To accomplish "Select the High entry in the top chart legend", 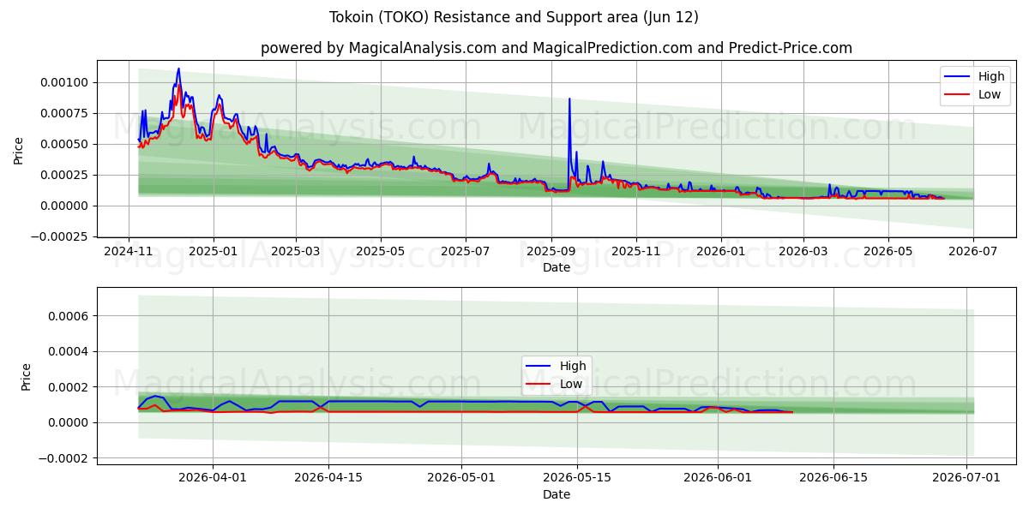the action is [x=974, y=76].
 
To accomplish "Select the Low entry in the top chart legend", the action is [x=972, y=94].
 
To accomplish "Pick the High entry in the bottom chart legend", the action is [x=556, y=366].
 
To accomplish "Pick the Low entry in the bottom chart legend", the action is [x=554, y=384].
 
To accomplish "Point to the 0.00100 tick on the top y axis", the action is [x=63, y=82].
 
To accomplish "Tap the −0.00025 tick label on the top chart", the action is [x=59, y=236].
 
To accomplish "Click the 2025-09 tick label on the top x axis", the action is [x=551, y=252].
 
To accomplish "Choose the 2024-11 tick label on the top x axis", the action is [x=128, y=252].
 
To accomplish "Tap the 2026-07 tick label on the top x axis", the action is [x=973, y=252].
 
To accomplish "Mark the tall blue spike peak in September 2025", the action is [x=569, y=99].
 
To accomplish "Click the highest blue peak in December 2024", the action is [x=178, y=69].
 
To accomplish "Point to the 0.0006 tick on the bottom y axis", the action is [x=68, y=316].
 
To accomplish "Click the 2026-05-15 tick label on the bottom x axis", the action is [x=577, y=478].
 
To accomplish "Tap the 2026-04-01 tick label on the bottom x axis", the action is [x=213, y=478].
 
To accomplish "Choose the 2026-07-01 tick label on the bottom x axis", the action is [x=966, y=478].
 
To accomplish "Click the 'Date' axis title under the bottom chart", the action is [x=557, y=495].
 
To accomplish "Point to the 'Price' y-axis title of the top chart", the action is [x=18, y=151].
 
